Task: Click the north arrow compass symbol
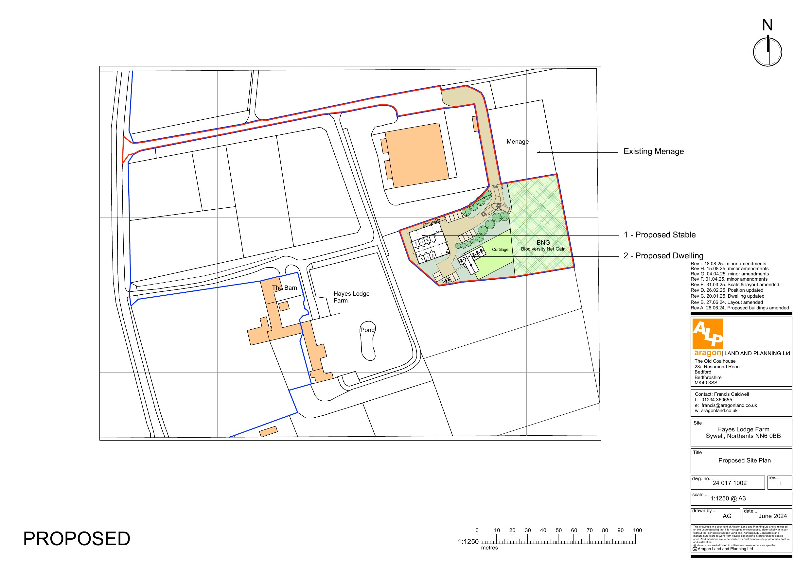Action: [x=767, y=52]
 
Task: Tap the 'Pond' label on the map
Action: [x=367, y=330]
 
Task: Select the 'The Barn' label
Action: [x=284, y=288]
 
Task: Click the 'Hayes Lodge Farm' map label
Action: [x=351, y=297]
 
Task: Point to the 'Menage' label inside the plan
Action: [x=518, y=142]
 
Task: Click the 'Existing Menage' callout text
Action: [x=653, y=151]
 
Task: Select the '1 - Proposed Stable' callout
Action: [x=659, y=235]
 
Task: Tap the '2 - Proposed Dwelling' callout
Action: [x=663, y=256]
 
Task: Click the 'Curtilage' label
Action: [x=500, y=250]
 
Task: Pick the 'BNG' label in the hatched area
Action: [x=543, y=243]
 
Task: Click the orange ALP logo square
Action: [x=707, y=334]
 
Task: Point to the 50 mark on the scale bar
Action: [x=558, y=531]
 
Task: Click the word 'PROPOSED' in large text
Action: [x=77, y=539]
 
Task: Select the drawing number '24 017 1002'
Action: [x=729, y=483]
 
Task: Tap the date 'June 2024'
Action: [x=772, y=516]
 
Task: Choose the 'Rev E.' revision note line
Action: [x=734, y=285]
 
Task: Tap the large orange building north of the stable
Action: [x=416, y=155]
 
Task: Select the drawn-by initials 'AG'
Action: [x=727, y=516]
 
